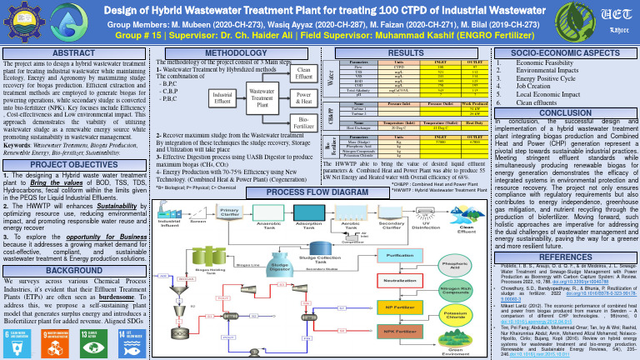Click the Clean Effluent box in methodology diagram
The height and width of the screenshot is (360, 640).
[304, 74]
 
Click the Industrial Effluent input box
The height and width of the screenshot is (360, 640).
[219, 99]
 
